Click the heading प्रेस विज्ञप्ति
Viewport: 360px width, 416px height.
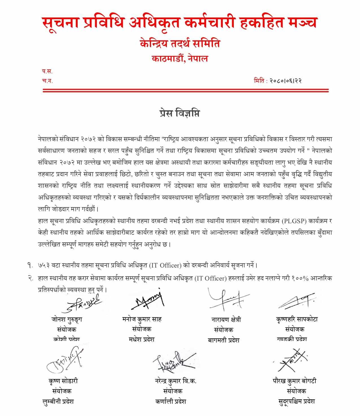180,113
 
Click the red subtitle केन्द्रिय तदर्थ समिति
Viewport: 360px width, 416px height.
180,44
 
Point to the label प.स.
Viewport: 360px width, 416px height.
47,71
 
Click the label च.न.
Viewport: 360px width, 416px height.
47,81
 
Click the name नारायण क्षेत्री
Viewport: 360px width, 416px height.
226,320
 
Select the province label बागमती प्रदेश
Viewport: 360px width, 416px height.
223,340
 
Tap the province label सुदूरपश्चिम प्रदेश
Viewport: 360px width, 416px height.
296,401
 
